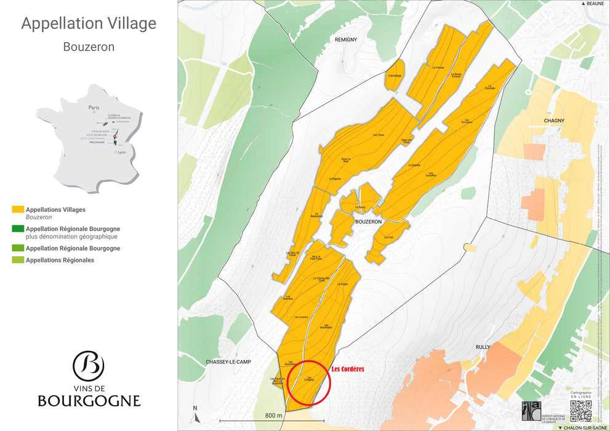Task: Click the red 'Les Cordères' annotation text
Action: [348, 369]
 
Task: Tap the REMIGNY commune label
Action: [346, 39]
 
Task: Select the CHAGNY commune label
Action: [554, 121]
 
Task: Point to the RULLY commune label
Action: [483, 347]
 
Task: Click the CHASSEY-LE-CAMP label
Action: [230, 361]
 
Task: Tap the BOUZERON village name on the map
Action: [369, 221]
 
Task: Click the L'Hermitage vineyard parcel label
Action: [395, 76]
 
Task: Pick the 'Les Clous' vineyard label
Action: [379, 135]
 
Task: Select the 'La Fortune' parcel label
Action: [438, 67]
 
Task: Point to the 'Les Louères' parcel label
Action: [301, 317]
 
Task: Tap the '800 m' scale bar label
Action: [274, 416]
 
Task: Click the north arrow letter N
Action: [195, 408]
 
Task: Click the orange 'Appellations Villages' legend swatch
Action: [17, 210]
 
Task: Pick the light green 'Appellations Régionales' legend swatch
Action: [17, 260]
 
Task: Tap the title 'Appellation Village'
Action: [89, 23]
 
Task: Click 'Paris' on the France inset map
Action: [94, 107]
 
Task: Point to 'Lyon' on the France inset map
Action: [121, 151]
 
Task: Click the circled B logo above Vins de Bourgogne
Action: [89, 366]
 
